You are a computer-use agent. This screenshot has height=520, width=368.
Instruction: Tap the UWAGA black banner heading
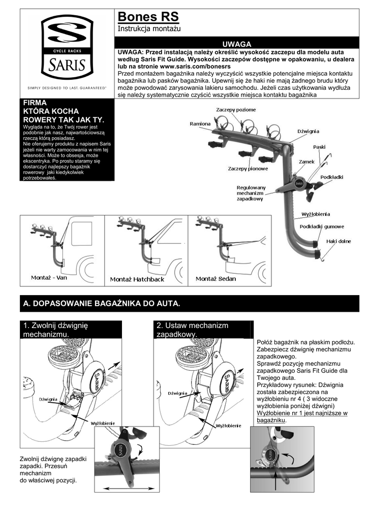click(x=237, y=45)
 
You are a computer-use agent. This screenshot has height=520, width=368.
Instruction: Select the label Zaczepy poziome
click(x=235, y=110)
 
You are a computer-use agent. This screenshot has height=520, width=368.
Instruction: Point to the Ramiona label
click(x=200, y=123)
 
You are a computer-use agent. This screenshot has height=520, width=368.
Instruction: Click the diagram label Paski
click(x=319, y=147)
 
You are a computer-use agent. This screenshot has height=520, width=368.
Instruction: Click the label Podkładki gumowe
click(x=322, y=226)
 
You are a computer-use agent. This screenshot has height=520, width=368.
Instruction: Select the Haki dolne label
click(x=339, y=241)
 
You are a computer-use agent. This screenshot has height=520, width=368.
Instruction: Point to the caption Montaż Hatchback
click(x=137, y=280)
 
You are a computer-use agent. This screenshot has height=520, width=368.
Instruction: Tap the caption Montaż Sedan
click(x=216, y=279)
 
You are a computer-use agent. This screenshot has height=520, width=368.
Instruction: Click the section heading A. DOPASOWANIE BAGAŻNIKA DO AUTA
click(x=102, y=304)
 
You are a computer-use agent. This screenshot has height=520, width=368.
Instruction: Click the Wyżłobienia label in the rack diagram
click(x=316, y=214)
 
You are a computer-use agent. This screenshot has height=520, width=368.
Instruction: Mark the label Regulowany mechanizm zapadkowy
click(x=251, y=193)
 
